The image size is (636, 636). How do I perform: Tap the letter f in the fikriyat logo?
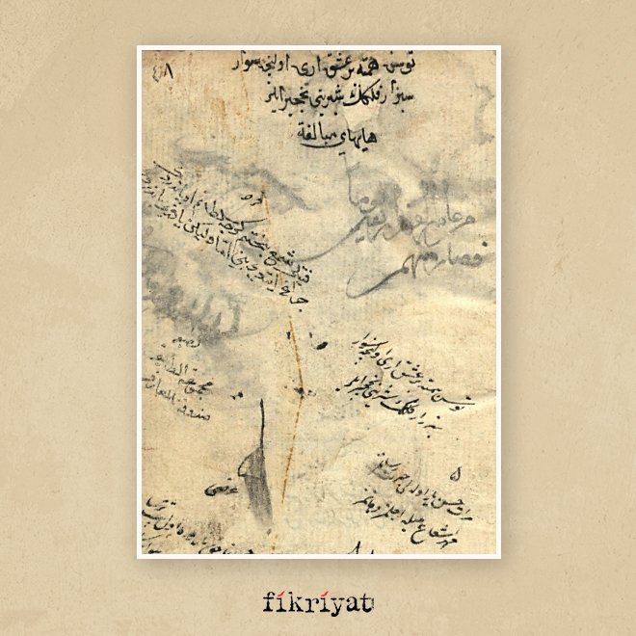click(270, 603)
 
